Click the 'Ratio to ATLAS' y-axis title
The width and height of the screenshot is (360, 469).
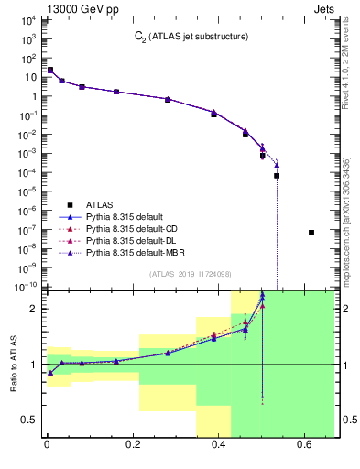[12, 364]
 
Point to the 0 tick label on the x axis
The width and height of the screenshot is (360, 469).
[47, 445]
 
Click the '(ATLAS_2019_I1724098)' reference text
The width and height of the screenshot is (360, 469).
[189, 273]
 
